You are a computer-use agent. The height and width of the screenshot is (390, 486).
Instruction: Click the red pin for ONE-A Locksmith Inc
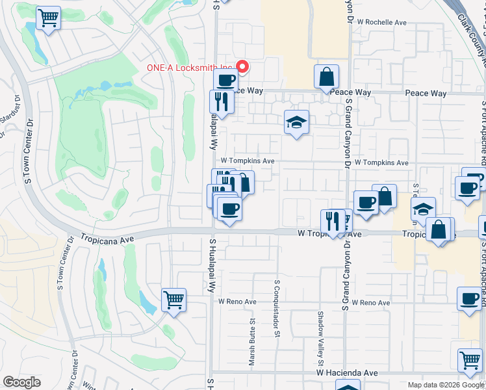click(243, 67)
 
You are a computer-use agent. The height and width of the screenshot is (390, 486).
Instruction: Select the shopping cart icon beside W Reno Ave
click(173, 300)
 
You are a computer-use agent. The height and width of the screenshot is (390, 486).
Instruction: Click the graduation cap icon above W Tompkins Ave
click(296, 122)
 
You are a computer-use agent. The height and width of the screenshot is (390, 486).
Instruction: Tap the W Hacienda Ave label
click(347, 373)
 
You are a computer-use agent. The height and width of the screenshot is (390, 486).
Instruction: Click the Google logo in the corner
click(21, 382)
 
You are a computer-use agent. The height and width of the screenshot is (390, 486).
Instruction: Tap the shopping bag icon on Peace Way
click(326, 76)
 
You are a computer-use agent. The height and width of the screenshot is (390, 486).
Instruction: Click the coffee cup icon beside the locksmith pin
click(225, 81)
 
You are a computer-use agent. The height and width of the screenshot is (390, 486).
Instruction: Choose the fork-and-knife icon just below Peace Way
click(222, 101)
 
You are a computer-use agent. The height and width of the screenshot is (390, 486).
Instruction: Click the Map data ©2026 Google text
click(445, 385)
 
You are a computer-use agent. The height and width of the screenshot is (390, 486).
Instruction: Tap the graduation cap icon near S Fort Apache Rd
click(422, 210)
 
